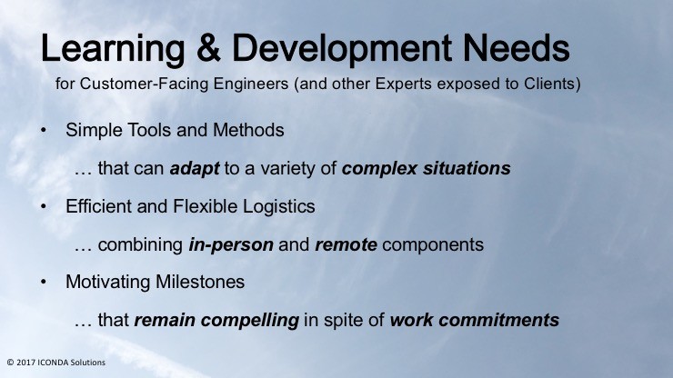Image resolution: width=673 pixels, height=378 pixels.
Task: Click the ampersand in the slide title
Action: point(208,48)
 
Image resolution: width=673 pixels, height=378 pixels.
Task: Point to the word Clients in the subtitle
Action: point(549,84)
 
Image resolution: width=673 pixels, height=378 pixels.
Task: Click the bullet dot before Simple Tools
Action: point(44,130)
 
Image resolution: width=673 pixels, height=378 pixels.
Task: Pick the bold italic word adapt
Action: point(195,169)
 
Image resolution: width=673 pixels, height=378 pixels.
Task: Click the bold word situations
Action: point(467,168)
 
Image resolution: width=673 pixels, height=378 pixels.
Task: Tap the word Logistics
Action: point(279,207)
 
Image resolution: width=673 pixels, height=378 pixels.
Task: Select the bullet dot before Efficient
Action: point(44,206)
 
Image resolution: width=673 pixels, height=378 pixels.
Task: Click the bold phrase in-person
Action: point(231,245)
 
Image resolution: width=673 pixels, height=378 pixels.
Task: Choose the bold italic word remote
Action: point(346,245)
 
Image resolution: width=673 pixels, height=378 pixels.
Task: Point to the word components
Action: point(433,245)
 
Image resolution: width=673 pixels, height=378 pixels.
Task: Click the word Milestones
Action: point(200,282)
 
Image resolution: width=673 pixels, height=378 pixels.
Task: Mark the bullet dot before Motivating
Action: point(44,282)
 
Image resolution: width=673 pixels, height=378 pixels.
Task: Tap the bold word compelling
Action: point(250,321)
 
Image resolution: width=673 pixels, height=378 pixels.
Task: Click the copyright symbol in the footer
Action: point(10,363)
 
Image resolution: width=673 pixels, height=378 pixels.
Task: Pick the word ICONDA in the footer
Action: point(54,363)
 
